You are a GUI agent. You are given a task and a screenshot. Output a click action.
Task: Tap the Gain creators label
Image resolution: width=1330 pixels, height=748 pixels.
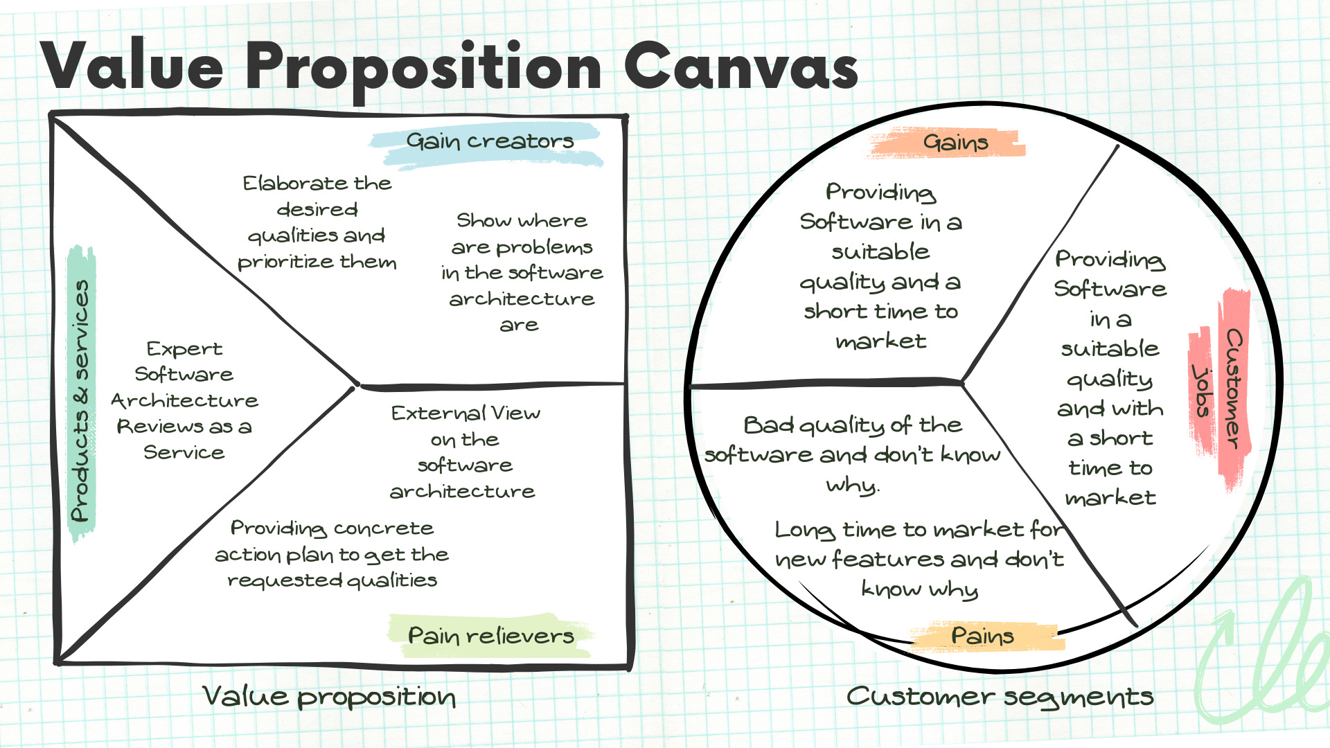click(x=490, y=141)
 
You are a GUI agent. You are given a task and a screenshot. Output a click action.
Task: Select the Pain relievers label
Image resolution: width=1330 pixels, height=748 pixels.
click(x=490, y=635)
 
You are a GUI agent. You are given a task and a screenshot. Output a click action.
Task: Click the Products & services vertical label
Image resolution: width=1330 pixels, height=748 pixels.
click(x=81, y=400)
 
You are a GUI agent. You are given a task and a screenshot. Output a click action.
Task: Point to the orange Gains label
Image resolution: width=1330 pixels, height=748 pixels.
click(x=955, y=143)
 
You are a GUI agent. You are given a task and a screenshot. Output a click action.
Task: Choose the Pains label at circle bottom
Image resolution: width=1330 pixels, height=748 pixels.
click(x=982, y=635)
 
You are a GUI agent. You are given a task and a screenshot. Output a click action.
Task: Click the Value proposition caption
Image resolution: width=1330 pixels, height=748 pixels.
click(x=329, y=697)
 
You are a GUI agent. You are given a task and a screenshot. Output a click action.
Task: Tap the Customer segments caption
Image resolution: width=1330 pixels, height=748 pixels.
click(x=1000, y=697)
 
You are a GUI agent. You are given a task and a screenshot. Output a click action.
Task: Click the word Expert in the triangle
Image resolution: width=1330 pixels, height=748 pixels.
click(x=184, y=348)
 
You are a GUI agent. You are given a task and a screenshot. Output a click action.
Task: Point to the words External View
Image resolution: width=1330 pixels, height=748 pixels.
click(x=465, y=413)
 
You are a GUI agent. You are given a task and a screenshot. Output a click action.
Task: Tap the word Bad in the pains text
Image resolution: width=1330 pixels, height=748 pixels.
click(x=768, y=425)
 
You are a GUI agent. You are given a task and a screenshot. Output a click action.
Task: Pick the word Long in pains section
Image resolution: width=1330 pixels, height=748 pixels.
click(x=804, y=530)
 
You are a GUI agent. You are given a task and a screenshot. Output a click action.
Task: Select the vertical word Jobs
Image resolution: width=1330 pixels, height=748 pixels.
click(x=1203, y=391)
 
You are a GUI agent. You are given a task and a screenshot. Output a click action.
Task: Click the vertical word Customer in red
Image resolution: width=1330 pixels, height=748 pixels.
click(x=1234, y=388)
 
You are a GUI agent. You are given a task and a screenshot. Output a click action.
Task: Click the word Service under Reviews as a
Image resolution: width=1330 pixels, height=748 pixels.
click(x=184, y=452)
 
